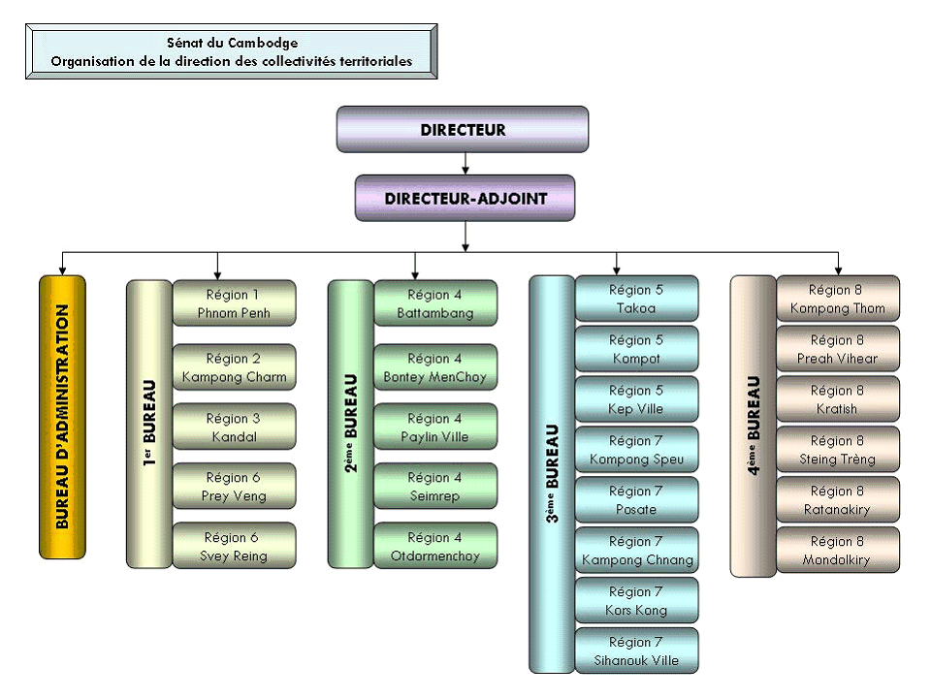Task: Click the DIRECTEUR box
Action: click(x=463, y=129)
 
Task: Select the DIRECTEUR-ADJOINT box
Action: click(x=465, y=198)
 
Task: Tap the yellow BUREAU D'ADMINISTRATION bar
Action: click(x=62, y=418)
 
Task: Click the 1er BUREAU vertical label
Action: click(x=149, y=424)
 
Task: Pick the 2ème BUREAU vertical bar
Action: click(x=350, y=424)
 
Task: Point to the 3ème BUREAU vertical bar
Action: click(x=552, y=474)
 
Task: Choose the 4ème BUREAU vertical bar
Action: click(x=753, y=424)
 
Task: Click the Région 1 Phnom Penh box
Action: click(x=234, y=303)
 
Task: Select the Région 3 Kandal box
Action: click(x=234, y=428)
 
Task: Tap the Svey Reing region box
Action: click(x=234, y=547)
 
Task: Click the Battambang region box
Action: click(x=435, y=303)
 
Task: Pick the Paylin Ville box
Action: click(x=435, y=428)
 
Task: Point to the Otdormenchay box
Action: click(x=435, y=547)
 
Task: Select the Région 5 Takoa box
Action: click(x=636, y=299)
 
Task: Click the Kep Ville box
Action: click(x=636, y=399)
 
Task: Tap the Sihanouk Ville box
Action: click(x=636, y=650)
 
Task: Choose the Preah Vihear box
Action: click(x=838, y=349)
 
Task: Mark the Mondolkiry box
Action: click(x=838, y=551)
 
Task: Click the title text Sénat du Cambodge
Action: click(x=232, y=43)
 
